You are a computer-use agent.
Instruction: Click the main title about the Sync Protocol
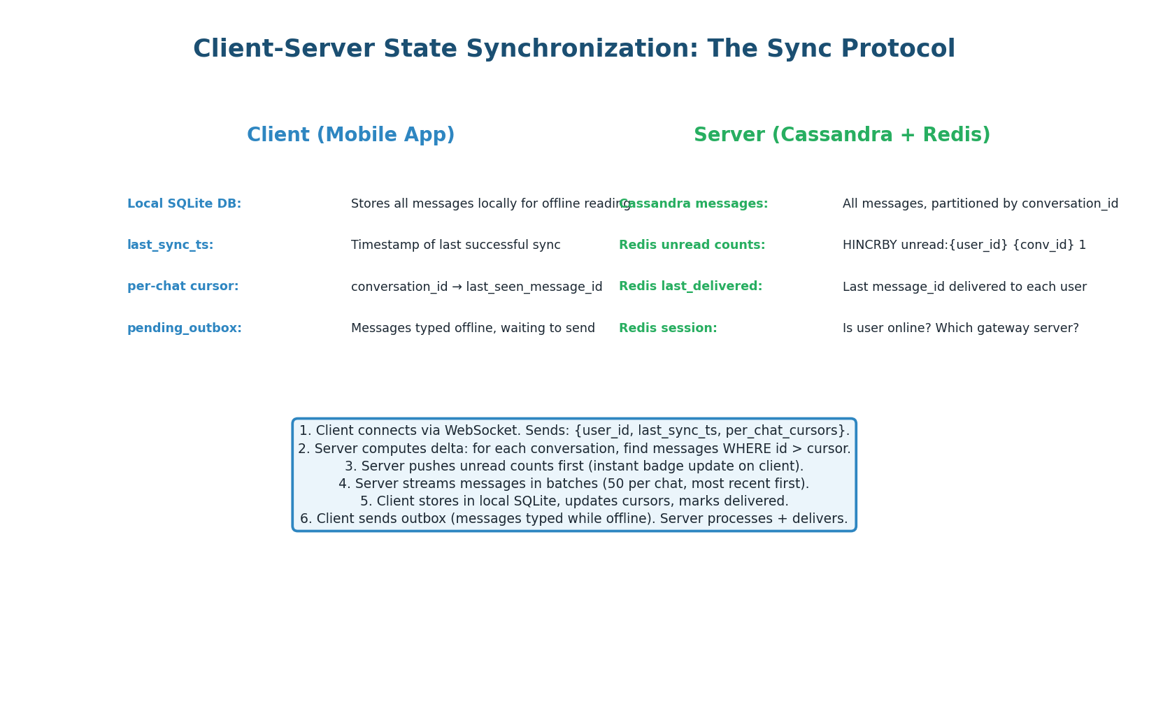point(573,49)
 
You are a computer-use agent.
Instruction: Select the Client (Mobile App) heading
point(350,135)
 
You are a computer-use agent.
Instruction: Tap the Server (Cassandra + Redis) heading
point(841,135)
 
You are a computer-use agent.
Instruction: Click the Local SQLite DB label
point(184,203)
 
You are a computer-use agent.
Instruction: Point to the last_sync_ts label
point(170,245)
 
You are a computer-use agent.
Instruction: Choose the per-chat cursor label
point(183,287)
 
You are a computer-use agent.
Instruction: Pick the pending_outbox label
point(184,328)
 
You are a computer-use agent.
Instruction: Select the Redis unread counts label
point(692,245)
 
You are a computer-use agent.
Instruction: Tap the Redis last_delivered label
point(690,287)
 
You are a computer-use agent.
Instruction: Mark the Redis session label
point(668,328)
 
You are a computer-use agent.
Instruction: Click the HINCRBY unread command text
point(964,245)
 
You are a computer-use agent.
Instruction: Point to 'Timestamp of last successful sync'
point(455,245)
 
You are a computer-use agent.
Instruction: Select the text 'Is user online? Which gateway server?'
point(960,328)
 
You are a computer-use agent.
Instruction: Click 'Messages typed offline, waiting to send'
point(473,328)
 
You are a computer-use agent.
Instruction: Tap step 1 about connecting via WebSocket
point(573,431)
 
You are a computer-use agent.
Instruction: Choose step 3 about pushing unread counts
point(573,466)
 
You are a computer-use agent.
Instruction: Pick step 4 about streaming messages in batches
point(573,484)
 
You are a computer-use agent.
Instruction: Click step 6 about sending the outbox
point(573,519)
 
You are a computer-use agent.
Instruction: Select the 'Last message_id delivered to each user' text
point(964,287)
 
